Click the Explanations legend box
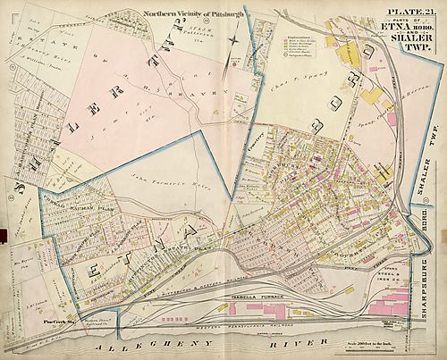coord(279,58)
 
